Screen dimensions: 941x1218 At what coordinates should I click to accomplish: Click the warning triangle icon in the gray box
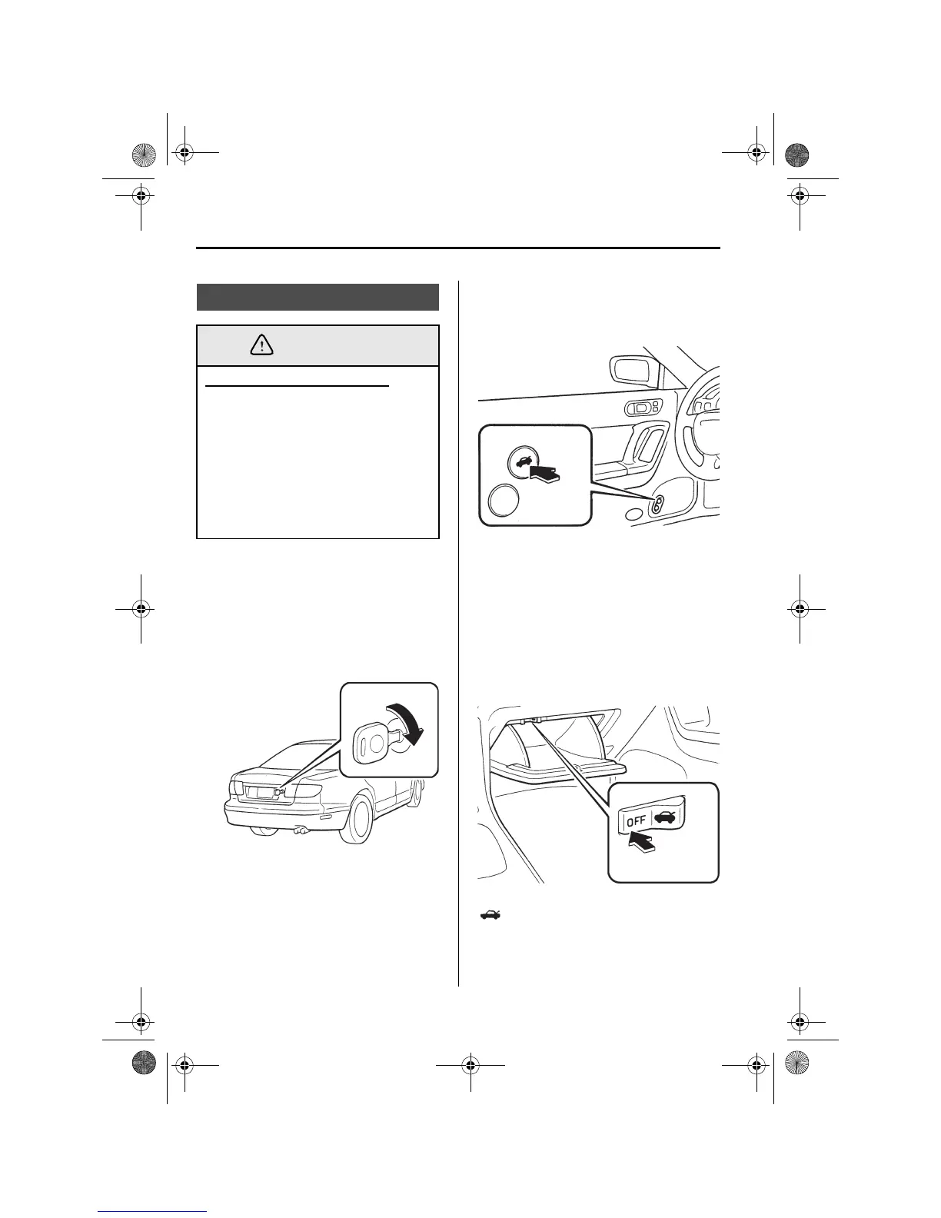click(x=262, y=346)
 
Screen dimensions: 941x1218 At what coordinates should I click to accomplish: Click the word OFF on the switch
click(x=637, y=820)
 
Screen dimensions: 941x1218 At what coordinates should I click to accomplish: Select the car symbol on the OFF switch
click(x=665, y=817)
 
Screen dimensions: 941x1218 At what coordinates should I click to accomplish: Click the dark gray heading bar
click(x=318, y=297)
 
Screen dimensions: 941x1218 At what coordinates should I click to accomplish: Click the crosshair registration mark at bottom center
click(x=470, y=1066)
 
